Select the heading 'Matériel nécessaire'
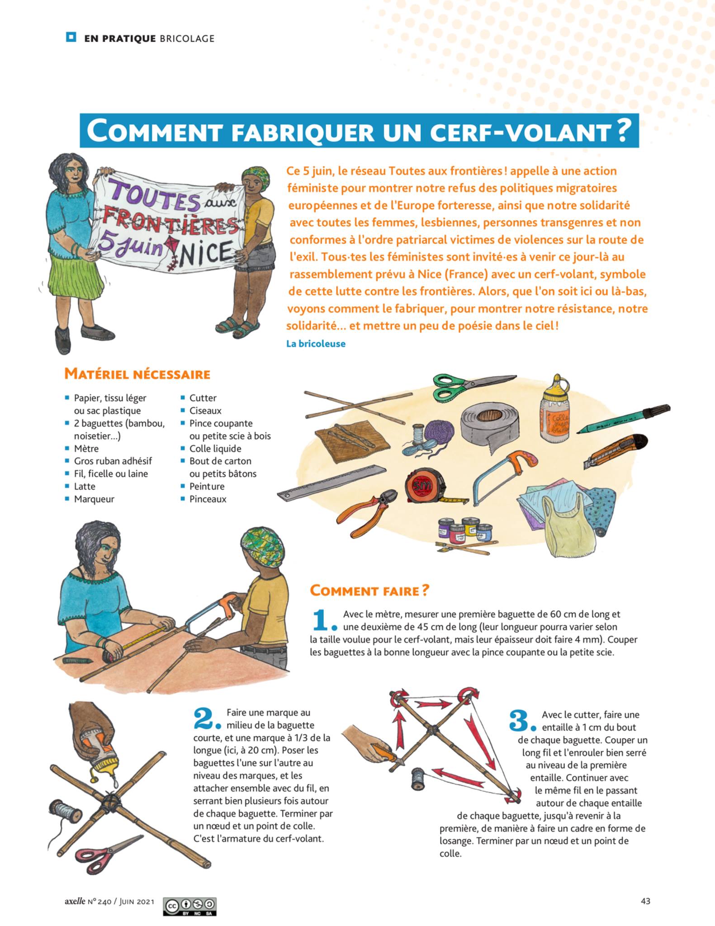point(137,374)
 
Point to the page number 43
point(645,901)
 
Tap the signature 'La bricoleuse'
point(316,344)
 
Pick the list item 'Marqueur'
point(94,499)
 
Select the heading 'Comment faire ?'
point(369,591)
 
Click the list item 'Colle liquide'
point(215,449)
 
